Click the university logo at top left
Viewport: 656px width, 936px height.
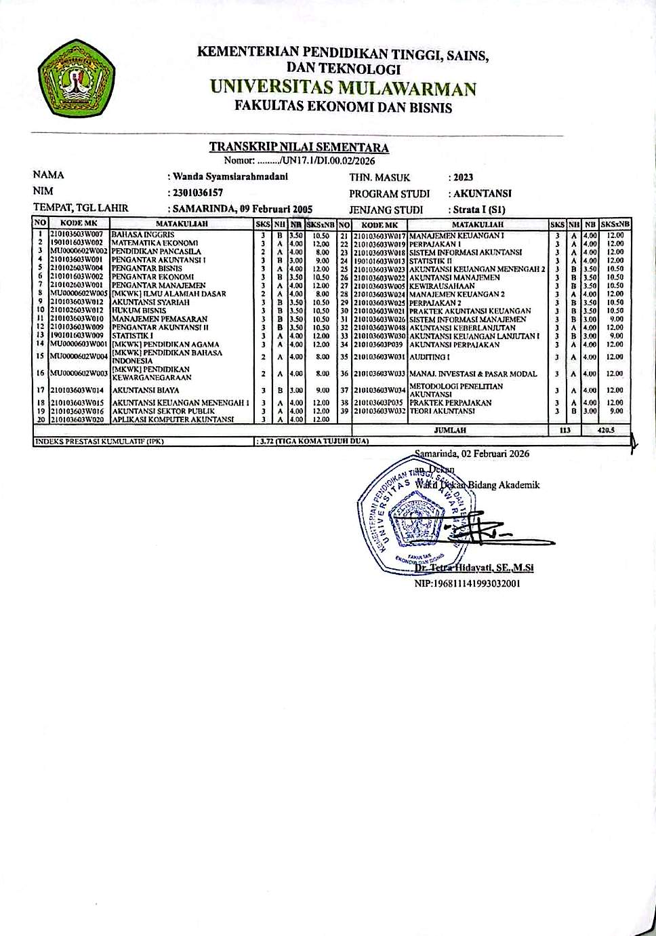coord(71,79)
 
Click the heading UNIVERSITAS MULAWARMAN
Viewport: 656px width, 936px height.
coord(342,88)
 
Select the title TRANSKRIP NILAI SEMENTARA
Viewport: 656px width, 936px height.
coord(299,147)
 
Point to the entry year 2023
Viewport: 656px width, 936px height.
coord(464,178)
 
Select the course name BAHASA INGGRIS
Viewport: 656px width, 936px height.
coord(143,235)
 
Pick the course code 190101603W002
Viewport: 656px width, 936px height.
coord(77,243)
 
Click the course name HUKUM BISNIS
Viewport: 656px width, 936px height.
coord(139,311)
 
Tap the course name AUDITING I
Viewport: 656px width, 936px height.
coord(430,357)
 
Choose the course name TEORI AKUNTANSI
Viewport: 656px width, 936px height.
coord(442,411)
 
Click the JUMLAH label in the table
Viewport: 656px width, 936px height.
coord(450,430)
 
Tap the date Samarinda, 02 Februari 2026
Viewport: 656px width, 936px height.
coord(472,453)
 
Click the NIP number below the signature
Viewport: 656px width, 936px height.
coord(467,583)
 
